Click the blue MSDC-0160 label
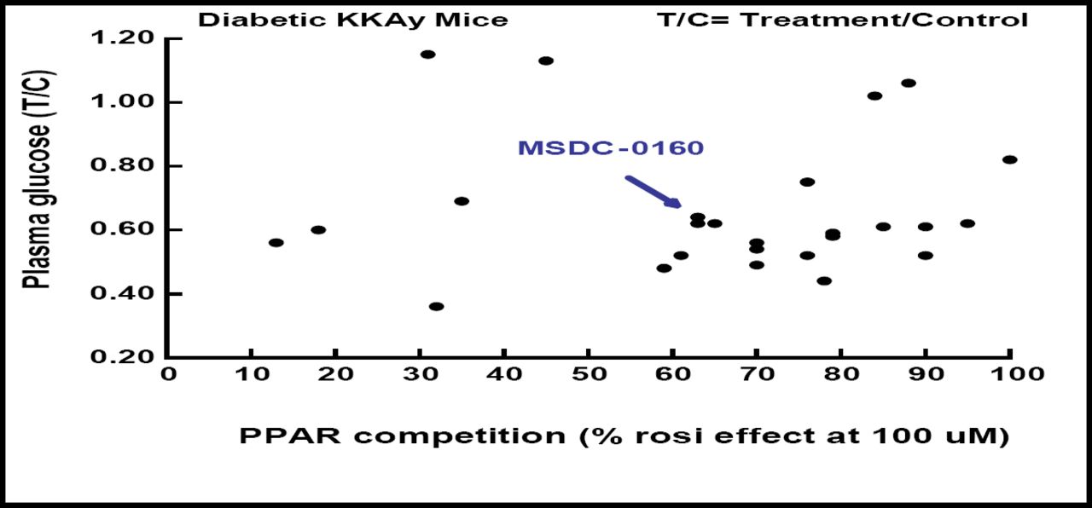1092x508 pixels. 611,148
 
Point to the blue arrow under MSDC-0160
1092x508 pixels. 653,191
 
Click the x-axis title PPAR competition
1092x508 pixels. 624,436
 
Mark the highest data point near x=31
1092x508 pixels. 428,55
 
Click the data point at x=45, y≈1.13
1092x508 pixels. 546,61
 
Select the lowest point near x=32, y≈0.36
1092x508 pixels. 437,307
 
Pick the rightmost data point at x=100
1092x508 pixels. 1010,159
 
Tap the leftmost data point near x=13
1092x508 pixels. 276,243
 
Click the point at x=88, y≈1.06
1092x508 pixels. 909,84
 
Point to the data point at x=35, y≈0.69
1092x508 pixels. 462,201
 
